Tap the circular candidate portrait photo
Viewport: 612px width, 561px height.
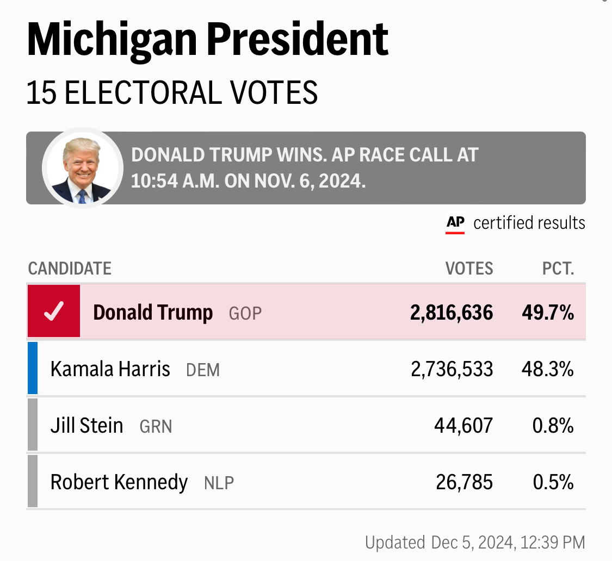[83, 168]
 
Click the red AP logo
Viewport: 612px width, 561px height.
[455, 223]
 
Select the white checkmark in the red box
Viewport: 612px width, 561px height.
[54, 311]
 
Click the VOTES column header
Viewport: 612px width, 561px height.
[469, 269]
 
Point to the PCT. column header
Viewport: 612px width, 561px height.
[558, 269]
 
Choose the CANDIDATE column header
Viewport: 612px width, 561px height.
[70, 269]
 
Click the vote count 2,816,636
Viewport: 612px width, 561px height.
[452, 313]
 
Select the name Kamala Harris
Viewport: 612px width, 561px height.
[110, 370]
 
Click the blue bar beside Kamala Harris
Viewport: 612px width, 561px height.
[33, 368]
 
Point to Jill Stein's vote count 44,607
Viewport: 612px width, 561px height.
[463, 426]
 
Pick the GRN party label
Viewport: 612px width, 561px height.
[156, 427]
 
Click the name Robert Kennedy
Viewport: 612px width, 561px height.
[119, 482]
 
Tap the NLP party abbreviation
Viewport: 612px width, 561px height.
[219, 483]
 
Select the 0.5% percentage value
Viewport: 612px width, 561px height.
[553, 482]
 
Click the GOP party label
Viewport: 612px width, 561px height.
[245, 314]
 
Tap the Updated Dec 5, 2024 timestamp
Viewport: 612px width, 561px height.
[475, 542]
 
